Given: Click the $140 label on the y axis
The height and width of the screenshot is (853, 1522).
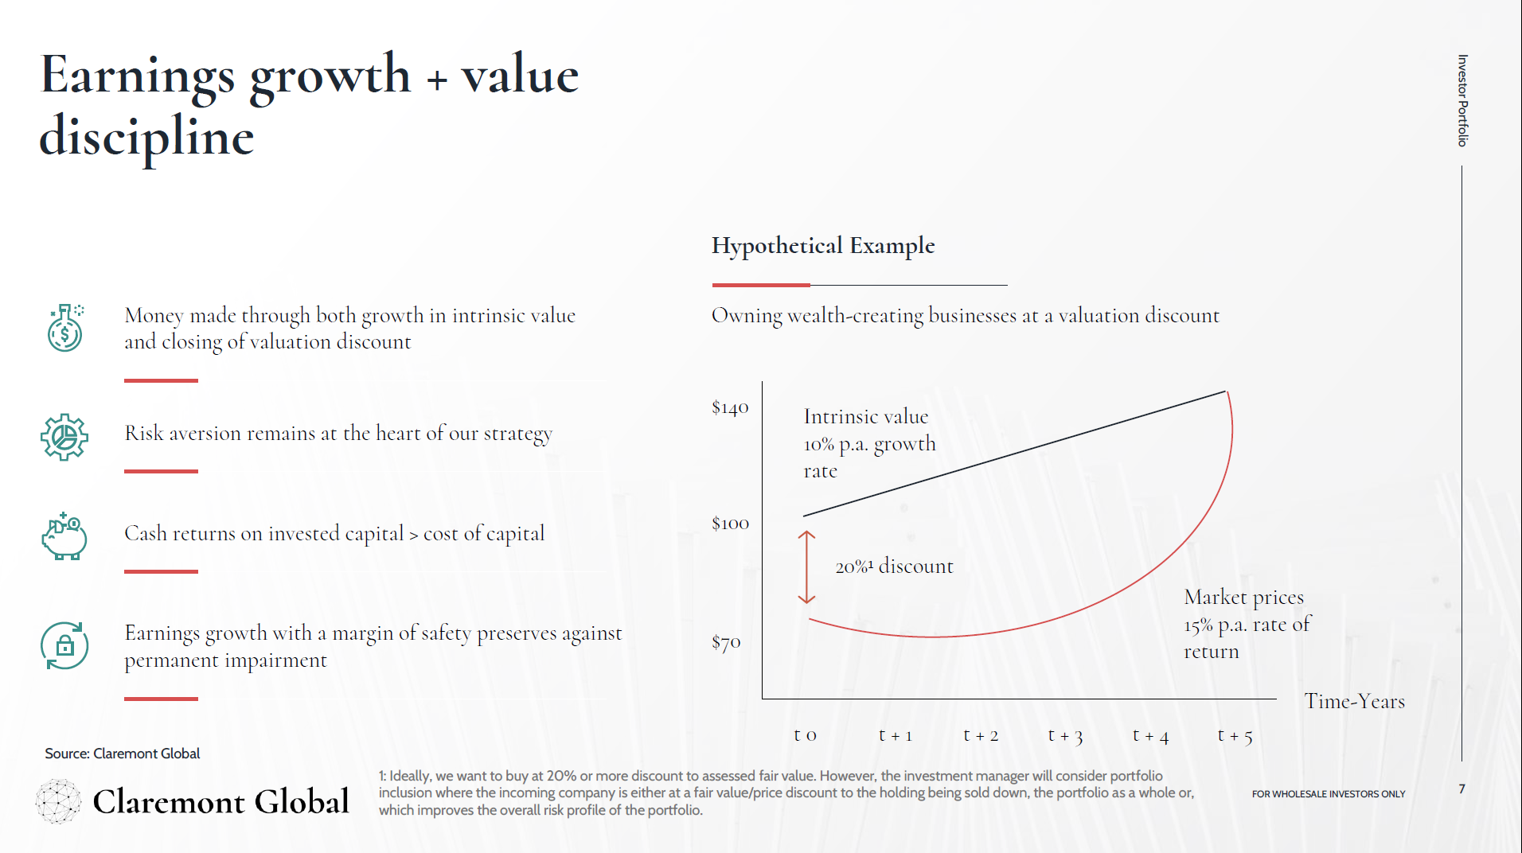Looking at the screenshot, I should coord(730,408).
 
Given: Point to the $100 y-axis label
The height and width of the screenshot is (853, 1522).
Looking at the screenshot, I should coord(730,524).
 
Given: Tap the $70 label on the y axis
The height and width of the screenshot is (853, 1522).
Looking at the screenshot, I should coord(726,642).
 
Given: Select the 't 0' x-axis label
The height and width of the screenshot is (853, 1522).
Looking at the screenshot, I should coord(805,735).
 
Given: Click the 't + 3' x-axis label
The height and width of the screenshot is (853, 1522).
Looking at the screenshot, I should coord(1065,736).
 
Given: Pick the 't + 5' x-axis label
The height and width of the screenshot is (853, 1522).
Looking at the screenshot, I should coord(1235,736).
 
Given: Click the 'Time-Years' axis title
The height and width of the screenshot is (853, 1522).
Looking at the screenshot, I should coord(1354,701).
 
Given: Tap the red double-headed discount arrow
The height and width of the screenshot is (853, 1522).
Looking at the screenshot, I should coord(806,567).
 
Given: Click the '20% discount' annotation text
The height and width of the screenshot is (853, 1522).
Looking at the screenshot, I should coord(894,567).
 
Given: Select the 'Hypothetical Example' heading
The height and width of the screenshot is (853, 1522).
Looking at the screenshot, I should coord(823,246).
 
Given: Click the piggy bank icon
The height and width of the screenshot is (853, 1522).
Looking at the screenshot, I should coord(64,536).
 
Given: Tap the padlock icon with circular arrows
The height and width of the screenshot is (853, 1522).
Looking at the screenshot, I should coord(64,645).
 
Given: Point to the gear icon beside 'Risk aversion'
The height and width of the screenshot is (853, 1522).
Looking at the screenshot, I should coord(64,437).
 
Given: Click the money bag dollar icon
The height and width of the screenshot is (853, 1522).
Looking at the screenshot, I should coord(64,328).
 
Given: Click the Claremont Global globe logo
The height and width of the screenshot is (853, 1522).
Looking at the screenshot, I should coord(58,800).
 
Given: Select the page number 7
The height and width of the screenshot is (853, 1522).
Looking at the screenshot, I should coord(1462,789).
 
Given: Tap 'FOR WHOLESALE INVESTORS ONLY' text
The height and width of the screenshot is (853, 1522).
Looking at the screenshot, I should coord(1328,794).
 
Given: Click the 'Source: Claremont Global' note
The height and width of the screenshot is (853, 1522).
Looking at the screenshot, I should coord(123,754).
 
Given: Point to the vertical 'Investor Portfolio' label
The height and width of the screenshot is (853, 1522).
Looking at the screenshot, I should coord(1462,100).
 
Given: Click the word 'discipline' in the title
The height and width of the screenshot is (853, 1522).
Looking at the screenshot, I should coord(146,137).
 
